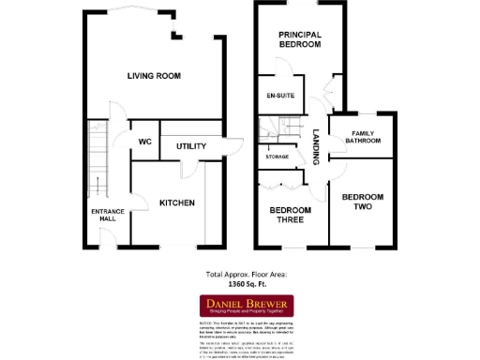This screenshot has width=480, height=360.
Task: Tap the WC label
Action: click(145, 142)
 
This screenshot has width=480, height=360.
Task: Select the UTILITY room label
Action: click(190, 146)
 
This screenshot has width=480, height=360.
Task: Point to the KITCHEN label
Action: click(176, 203)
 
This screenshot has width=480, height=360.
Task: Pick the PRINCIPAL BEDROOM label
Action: click(299, 39)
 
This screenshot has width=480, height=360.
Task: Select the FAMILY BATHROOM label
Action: click(363, 139)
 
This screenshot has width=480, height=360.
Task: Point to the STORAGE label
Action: click(277, 157)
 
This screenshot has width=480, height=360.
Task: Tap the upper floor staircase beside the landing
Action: click(274, 130)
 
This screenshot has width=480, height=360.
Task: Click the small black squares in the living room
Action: click(173, 37)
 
